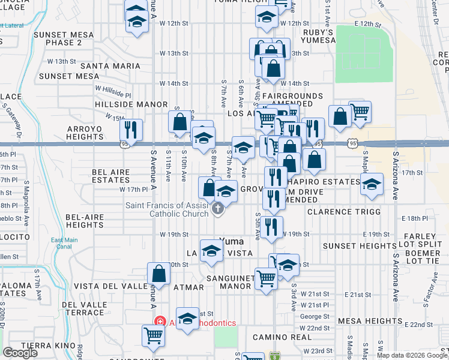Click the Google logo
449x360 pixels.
point(20,352)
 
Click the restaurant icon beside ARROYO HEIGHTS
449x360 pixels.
point(130,130)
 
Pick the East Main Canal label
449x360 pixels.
point(64,243)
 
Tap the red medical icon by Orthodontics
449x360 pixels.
point(160,322)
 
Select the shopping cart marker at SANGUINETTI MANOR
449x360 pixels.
point(265,278)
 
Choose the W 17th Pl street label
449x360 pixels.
point(133,190)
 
